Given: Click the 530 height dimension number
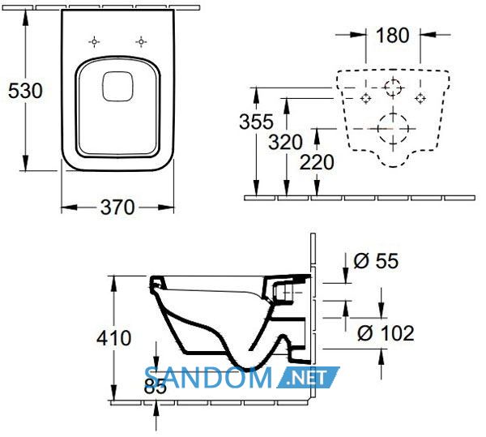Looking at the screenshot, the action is coord(25,92).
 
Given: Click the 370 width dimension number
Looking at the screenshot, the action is coord(117,208).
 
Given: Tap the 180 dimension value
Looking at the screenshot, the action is coord(392,36).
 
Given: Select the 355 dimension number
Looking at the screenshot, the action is coord(256,122).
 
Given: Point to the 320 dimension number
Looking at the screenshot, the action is coord(285,143).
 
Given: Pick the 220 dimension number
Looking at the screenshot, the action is coord(317,162).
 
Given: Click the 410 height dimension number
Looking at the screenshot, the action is coord(113,338).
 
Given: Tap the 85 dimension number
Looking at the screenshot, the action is coord(156,386).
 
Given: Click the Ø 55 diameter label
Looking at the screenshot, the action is coord(376,261).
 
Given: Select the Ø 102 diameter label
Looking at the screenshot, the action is coord(386,333).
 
